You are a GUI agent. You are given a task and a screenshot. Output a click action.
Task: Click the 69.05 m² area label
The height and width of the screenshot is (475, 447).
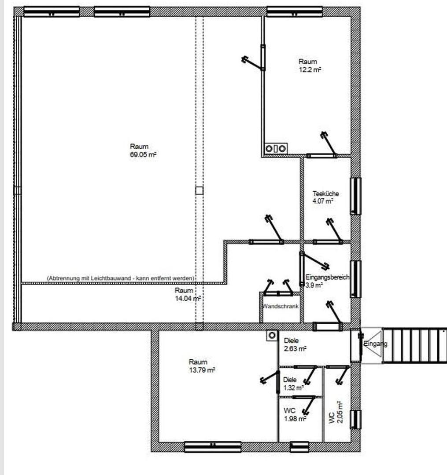[x=143, y=154]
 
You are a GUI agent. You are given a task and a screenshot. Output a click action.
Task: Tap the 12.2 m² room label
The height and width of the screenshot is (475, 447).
[x=310, y=69]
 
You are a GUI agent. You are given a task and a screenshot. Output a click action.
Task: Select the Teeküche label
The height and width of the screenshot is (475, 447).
[x=326, y=193]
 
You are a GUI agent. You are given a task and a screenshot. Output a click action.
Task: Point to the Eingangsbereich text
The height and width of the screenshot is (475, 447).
[x=327, y=277]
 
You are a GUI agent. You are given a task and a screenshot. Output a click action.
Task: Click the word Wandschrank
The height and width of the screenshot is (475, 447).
[x=281, y=306]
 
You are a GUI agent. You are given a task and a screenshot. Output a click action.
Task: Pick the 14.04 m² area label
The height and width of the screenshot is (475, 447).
[x=188, y=298]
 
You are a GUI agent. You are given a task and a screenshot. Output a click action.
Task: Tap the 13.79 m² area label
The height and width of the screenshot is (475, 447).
[x=202, y=370]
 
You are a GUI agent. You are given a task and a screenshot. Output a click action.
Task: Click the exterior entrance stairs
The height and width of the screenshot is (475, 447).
[x=414, y=345]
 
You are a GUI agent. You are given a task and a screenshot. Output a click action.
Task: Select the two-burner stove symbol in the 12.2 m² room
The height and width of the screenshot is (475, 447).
[x=276, y=149]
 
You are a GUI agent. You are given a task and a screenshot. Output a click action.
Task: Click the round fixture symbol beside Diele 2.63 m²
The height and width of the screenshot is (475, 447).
[x=272, y=335]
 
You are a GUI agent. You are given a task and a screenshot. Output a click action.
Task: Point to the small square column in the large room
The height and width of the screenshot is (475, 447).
[x=199, y=190]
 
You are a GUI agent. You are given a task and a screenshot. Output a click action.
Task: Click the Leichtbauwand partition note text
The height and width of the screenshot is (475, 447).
[x=121, y=278]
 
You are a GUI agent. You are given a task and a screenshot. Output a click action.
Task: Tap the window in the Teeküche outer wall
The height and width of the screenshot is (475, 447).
[x=356, y=196]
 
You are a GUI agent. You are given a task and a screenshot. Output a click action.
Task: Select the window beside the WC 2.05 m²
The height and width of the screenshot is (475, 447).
[x=356, y=420]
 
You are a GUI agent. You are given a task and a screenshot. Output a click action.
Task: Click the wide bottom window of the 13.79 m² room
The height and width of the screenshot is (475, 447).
[x=213, y=447]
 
